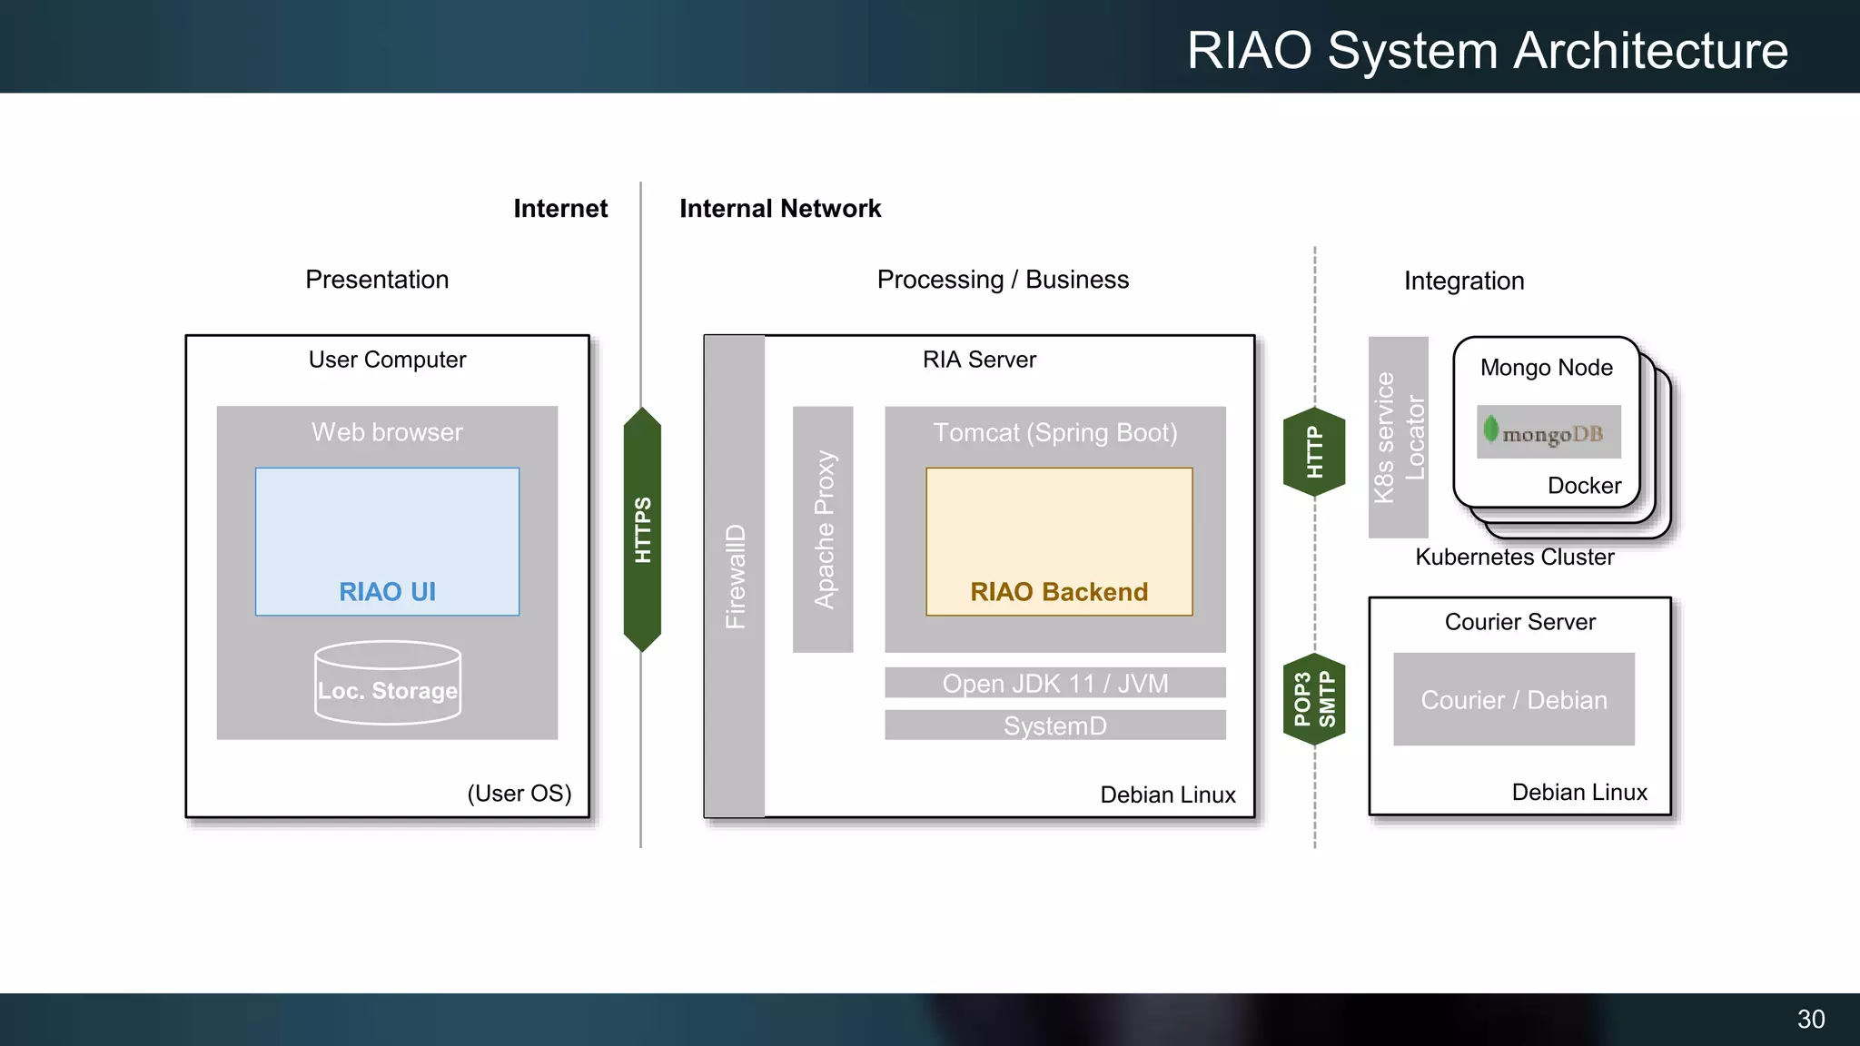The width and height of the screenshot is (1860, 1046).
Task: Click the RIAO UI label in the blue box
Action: [x=387, y=592]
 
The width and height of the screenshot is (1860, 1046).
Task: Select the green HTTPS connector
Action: [x=642, y=529]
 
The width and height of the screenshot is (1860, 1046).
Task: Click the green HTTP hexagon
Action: [x=1314, y=452]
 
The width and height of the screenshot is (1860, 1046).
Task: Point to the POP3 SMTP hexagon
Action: [x=1314, y=699]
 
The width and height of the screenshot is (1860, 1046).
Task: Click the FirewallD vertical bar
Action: [x=734, y=576]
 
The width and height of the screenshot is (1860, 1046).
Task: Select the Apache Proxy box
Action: [x=823, y=529]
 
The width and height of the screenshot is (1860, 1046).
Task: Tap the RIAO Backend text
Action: [x=1059, y=592]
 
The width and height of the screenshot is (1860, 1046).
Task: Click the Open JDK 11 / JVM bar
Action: [x=1054, y=683]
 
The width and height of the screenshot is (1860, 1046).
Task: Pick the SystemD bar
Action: [x=1054, y=725]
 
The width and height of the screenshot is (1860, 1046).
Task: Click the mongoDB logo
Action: [x=1548, y=432]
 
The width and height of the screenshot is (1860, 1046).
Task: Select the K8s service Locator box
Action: [x=1399, y=438]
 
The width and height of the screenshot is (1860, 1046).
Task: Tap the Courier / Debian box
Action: [x=1514, y=700]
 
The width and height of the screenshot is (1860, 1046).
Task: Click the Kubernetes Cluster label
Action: [x=1514, y=557]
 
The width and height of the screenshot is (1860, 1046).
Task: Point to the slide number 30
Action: [x=1810, y=1019]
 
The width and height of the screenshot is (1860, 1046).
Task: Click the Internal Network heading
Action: [x=780, y=209]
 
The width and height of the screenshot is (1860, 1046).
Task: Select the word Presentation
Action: [x=377, y=280]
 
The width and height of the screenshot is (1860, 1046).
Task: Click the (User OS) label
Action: [x=519, y=794]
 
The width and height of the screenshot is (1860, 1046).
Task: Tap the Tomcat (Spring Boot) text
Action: [x=1054, y=433]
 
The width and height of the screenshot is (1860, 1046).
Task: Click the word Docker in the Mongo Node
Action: [x=1584, y=486]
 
